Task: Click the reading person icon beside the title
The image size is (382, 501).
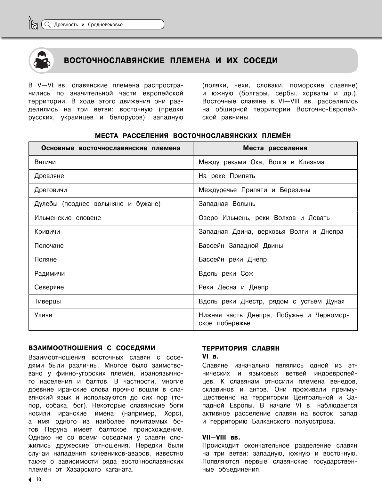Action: pyautogui.click(x=41, y=60)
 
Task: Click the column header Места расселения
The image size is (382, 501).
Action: pyautogui.click(x=275, y=148)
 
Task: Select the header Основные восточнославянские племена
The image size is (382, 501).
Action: pyautogui.click(x=111, y=148)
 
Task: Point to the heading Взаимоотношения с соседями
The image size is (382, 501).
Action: pyautogui.click(x=92, y=348)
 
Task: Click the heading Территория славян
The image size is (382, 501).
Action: pyautogui.click(x=241, y=348)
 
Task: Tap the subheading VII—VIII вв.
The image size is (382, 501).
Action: pyautogui.click(x=221, y=437)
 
